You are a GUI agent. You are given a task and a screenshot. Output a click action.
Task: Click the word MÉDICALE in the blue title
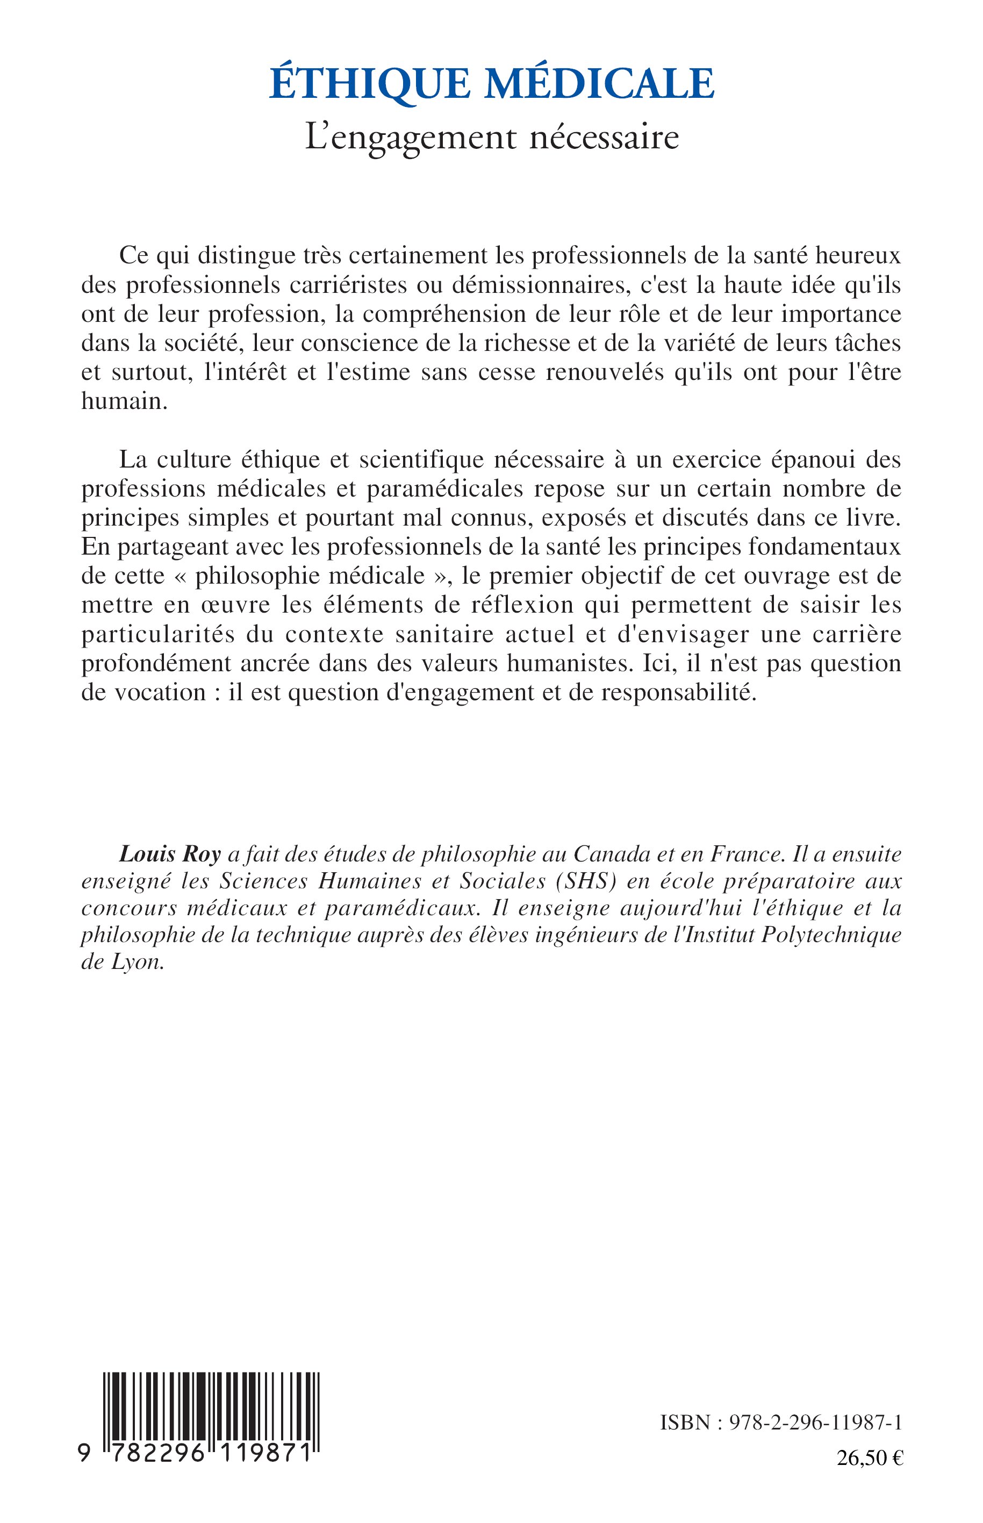pos(602,84)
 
